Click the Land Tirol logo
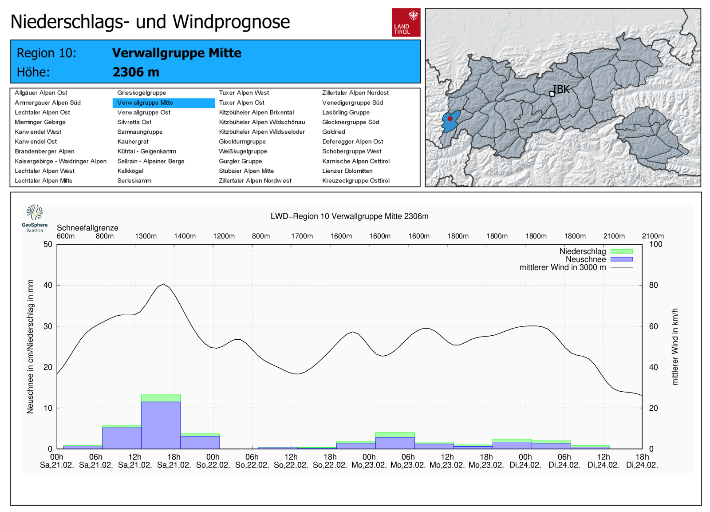click(x=406, y=23)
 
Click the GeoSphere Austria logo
click(x=35, y=218)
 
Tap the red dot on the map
click(x=450, y=119)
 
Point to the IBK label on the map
click(x=561, y=89)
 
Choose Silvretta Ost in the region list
click(x=134, y=122)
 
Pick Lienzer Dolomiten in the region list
click(x=347, y=171)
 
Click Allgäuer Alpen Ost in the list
click(x=41, y=93)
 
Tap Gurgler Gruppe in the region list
click(x=240, y=161)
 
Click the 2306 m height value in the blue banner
click(x=136, y=72)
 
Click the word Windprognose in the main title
click(x=231, y=22)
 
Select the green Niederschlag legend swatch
click(x=622, y=251)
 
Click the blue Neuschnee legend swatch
click(x=622, y=259)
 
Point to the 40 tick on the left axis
click(x=48, y=285)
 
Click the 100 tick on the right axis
click(x=656, y=244)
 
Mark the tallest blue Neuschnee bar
click(x=161, y=425)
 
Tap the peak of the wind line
click(x=163, y=284)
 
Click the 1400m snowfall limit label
click(x=185, y=236)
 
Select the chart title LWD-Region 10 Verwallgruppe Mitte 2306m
click(x=349, y=216)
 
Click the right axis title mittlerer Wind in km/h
click(x=675, y=347)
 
